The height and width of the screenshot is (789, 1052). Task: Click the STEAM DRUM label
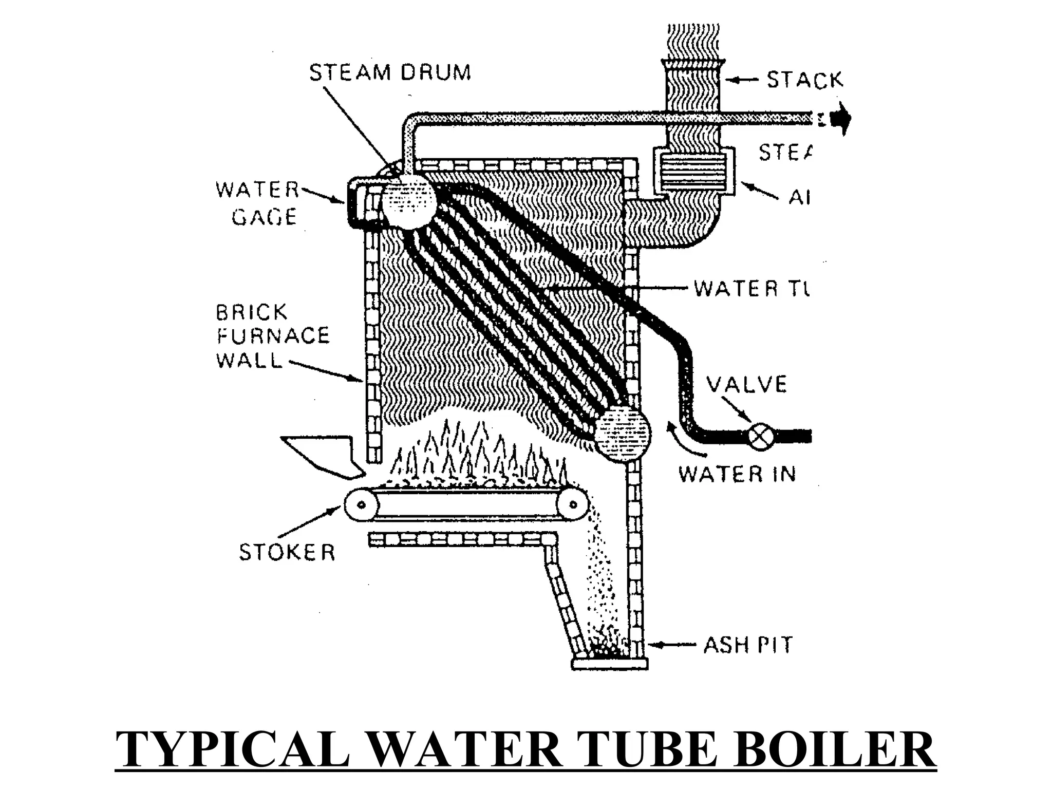pos(390,72)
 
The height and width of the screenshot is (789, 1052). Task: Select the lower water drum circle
pos(622,433)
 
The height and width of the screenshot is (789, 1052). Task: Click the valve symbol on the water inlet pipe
pos(758,436)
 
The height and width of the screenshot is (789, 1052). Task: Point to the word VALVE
pos(746,384)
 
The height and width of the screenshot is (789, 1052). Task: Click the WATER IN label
pos(737,474)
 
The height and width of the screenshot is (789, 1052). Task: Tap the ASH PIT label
pos(747,645)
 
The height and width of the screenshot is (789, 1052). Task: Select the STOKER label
pos(287,552)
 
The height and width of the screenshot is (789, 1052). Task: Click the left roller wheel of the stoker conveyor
pos(361,504)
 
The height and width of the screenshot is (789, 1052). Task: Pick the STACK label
pos(804,80)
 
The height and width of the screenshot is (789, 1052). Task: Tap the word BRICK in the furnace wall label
pos(252,312)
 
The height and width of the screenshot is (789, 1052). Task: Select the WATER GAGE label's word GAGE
pos(264,217)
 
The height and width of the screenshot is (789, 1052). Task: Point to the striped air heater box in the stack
pos(693,171)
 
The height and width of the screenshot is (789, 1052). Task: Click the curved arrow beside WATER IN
pos(683,443)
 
